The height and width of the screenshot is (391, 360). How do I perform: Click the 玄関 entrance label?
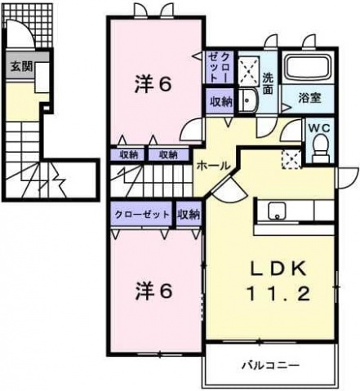coord(21,66)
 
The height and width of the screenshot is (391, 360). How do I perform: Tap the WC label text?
coord(319,127)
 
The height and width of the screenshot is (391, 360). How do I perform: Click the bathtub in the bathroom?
coord(309,67)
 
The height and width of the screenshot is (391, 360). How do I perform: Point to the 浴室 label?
coord(309,98)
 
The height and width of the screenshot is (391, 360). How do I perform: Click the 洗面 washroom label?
coord(268,83)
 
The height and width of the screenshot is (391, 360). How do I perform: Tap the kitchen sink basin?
coord(277,211)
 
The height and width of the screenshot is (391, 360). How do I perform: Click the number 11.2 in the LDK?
coord(278,294)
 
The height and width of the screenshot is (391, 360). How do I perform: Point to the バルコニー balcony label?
coord(270,365)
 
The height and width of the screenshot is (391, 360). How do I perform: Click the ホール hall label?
coord(213,165)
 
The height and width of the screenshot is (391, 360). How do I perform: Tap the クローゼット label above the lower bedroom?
coord(142,215)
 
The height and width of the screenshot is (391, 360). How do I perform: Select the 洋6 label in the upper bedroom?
coord(153,84)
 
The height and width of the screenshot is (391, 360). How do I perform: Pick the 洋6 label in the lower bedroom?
coord(154,291)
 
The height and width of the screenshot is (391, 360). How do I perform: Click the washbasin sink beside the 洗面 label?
coord(248,100)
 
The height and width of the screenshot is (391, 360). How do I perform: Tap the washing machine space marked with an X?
coord(249,69)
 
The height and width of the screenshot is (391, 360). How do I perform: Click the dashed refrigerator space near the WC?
coord(291,159)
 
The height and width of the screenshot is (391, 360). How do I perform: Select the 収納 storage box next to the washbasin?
coord(220,101)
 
